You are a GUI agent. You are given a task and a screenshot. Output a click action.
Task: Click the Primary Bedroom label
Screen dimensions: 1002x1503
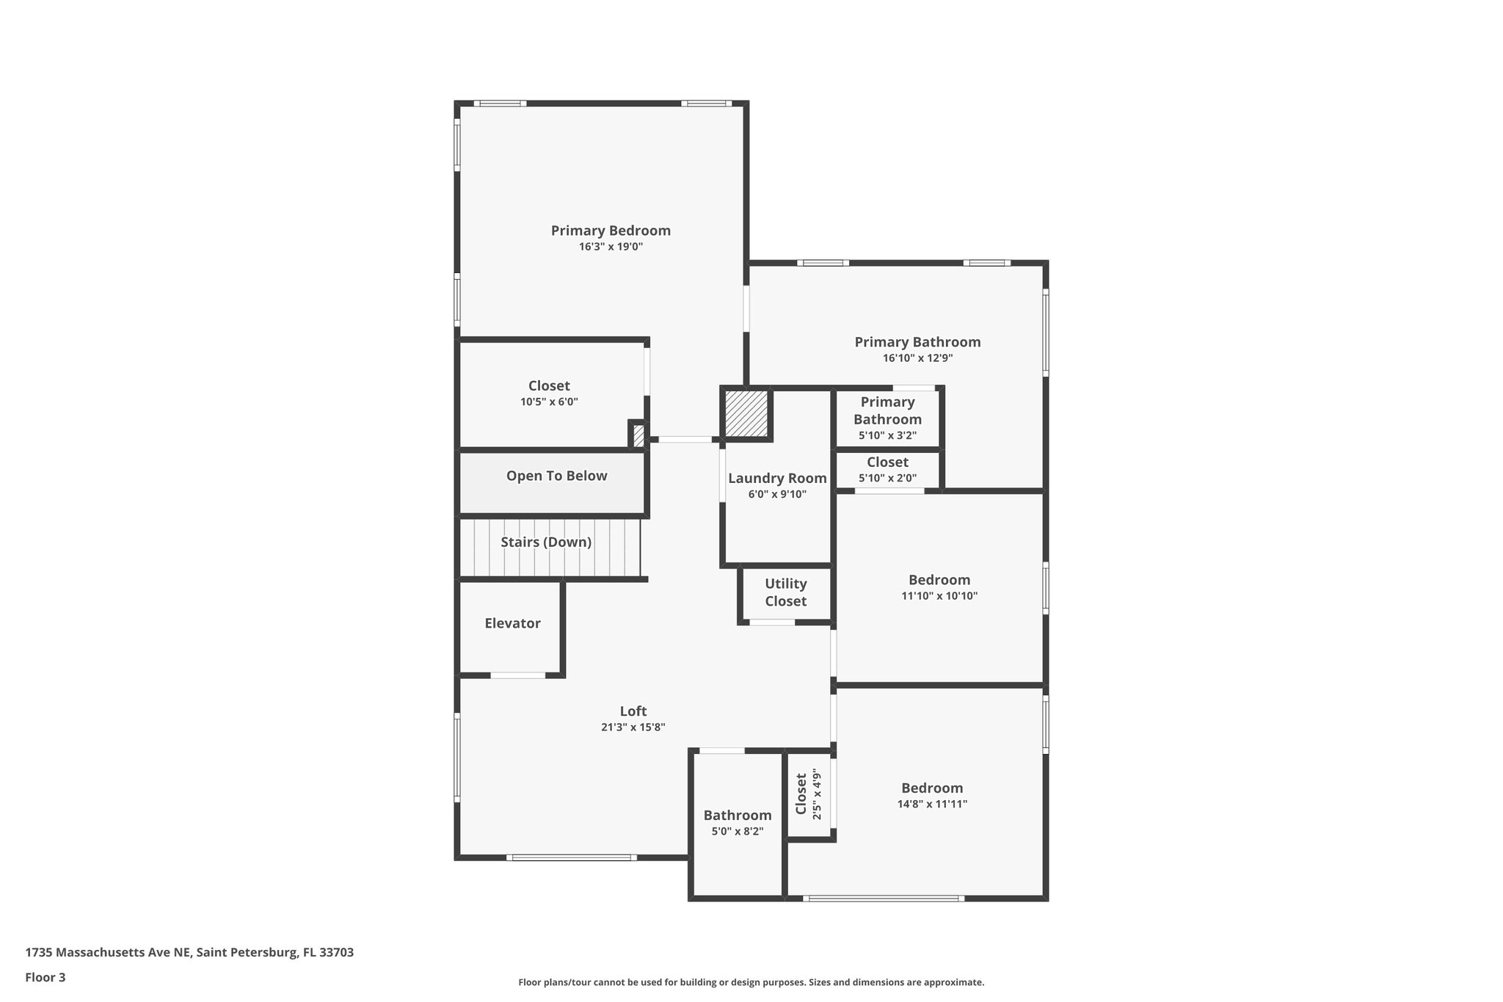click(611, 230)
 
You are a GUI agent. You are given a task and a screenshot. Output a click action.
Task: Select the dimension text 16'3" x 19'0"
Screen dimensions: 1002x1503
click(611, 247)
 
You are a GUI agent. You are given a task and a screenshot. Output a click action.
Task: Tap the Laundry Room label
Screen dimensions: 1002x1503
click(777, 479)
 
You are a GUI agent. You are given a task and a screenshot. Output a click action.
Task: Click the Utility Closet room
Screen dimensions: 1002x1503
click(785, 592)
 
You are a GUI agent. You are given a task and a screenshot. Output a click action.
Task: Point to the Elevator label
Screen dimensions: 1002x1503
click(512, 623)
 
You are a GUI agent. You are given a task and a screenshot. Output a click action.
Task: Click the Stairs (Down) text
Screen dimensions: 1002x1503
click(546, 542)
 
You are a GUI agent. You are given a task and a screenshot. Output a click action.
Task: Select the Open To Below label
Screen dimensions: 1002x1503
click(556, 476)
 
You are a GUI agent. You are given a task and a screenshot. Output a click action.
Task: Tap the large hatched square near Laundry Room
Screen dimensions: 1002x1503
click(746, 413)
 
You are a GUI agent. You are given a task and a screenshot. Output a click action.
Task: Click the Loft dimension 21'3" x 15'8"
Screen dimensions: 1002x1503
click(633, 727)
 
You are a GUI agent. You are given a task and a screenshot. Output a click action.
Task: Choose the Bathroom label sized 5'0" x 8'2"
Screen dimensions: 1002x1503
click(737, 816)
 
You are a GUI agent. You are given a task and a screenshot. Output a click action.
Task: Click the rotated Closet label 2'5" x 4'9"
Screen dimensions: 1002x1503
click(801, 794)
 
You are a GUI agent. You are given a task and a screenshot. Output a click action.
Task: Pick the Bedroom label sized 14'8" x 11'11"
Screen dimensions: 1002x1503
click(932, 788)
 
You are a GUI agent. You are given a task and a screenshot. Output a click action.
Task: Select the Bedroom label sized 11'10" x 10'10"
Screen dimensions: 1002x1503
click(939, 580)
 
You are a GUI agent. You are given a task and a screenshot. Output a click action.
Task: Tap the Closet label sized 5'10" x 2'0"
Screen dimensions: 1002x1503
click(887, 462)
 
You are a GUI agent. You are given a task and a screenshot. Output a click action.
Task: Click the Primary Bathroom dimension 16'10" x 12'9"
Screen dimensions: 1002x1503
click(917, 359)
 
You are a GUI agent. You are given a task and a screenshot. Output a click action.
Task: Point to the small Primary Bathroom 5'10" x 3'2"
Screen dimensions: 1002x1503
click(887, 411)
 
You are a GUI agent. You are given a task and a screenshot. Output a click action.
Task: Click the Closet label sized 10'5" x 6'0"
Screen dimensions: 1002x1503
click(549, 386)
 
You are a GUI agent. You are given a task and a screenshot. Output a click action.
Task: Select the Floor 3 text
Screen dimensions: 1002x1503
click(46, 978)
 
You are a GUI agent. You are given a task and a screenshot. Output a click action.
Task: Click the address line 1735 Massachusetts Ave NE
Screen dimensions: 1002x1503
click(189, 953)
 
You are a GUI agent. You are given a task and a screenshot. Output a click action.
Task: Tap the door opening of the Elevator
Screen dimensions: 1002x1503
click(518, 675)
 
